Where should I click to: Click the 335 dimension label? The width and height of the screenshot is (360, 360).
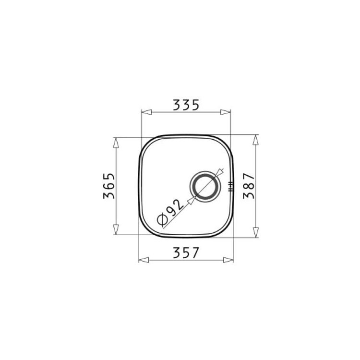click(x=186, y=105)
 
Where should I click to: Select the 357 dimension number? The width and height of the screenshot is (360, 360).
click(x=186, y=252)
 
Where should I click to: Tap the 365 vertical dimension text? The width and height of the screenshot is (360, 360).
click(x=109, y=186)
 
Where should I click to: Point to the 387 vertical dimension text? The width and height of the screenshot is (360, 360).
click(x=249, y=186)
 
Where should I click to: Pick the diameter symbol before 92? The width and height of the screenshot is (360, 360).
click(x=162, y=220)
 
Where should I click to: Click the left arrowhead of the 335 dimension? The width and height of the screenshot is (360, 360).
click(x=146, y=112)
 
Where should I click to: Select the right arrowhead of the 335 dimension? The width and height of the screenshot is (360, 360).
click(x=225, y=112)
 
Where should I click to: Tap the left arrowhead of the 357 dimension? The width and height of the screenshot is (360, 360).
click(x=144, y=260)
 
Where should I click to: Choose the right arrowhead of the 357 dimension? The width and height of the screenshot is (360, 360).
click(x=228, y=260)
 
